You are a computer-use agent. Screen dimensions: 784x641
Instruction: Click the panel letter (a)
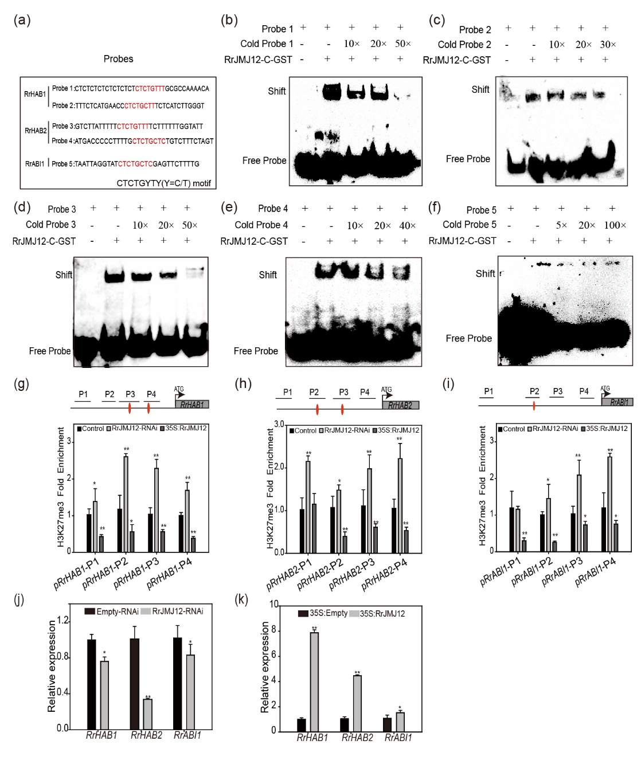point(22,21)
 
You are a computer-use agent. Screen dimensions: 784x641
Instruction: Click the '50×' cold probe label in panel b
point(402,44)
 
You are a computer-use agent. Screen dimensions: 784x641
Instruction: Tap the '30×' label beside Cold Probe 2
point(608,45)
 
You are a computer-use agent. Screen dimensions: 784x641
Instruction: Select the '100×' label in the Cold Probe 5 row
point(615,225)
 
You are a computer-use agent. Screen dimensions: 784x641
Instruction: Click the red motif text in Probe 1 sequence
point(150,89)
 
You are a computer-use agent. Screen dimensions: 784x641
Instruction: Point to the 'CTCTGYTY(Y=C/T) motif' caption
point(163,183)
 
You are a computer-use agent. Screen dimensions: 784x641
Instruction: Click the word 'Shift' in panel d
point(64,275)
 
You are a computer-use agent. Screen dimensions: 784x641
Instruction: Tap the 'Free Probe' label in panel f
point(468,339)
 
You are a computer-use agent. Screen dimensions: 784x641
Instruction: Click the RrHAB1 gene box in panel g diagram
point(192,405)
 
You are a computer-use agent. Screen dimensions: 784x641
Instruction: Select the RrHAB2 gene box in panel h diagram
point(400,405)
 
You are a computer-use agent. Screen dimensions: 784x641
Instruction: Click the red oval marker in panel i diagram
point(534,406)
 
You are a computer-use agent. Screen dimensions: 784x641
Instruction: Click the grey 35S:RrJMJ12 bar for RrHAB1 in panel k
point(314,681)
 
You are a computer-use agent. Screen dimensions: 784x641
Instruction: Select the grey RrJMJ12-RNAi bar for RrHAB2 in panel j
point(147,714)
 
